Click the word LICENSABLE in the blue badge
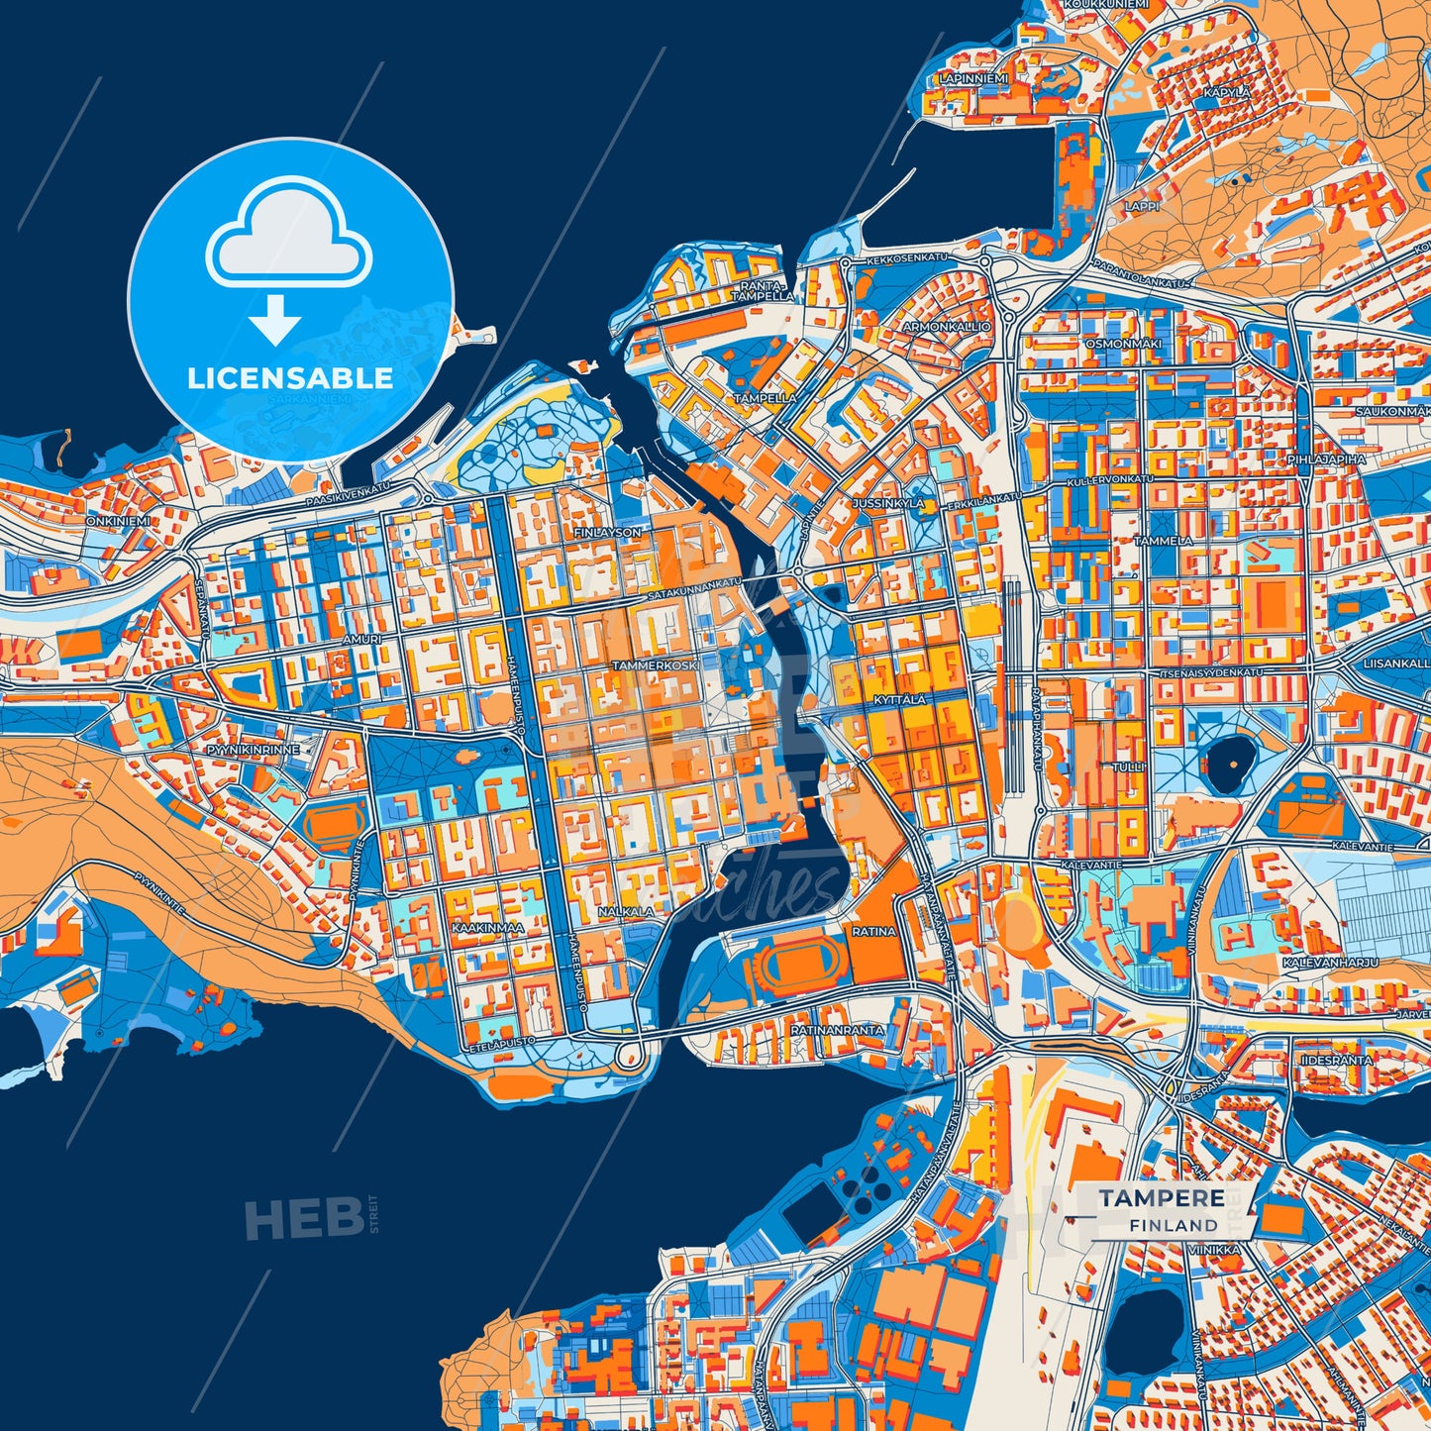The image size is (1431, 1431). click(x=290, y=377)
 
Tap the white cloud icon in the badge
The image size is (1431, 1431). click(x=288, y=237)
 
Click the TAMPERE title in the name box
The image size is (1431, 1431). click(x=1161, y=1198)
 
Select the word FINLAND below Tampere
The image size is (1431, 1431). click(x=1174, y=1225)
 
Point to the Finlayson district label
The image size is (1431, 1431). click(x=607, y=533)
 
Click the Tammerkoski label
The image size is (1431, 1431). click(x=655, y=665)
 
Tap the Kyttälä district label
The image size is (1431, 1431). click(x=899, y=699)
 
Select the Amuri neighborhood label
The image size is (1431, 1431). click(x=361, y=640)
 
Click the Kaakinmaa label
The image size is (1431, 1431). click(x=486, y=928)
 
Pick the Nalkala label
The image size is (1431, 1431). click(x=626, y=911)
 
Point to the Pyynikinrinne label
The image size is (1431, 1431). click(x=253, y=750)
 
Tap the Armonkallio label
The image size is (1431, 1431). click(x=947, y=326)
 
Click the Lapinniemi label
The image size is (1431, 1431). click(x=973, y=78)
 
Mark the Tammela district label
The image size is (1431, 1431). click(x=1164, y=541)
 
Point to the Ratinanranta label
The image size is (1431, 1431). click(x=837, y=1030)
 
